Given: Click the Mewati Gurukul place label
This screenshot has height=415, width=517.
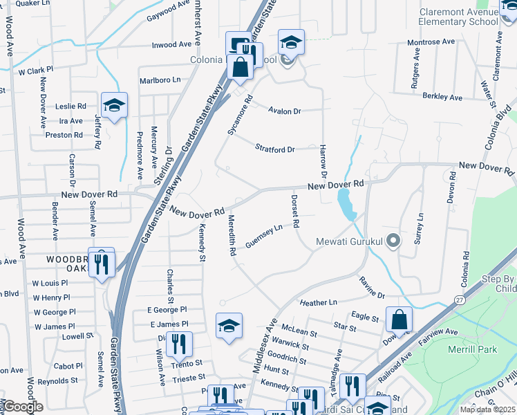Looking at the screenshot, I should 349,241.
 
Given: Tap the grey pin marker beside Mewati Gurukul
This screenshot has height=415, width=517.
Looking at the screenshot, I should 393,241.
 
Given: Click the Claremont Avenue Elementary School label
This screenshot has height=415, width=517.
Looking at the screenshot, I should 458,17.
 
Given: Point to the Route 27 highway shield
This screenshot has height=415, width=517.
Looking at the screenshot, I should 460,299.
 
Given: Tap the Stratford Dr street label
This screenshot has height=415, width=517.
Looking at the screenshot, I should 275,149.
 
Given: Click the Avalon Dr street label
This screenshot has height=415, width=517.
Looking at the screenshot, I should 285,111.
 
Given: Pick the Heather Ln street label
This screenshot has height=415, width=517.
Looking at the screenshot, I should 318,302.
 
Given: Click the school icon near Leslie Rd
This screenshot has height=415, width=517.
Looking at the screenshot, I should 114,106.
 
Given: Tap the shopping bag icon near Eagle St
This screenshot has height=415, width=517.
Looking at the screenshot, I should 399,320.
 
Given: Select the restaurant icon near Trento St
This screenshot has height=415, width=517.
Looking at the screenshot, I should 179,342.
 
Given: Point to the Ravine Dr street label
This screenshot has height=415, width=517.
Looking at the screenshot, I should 372,288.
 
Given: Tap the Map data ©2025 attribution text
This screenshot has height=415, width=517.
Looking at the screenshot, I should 489,409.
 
